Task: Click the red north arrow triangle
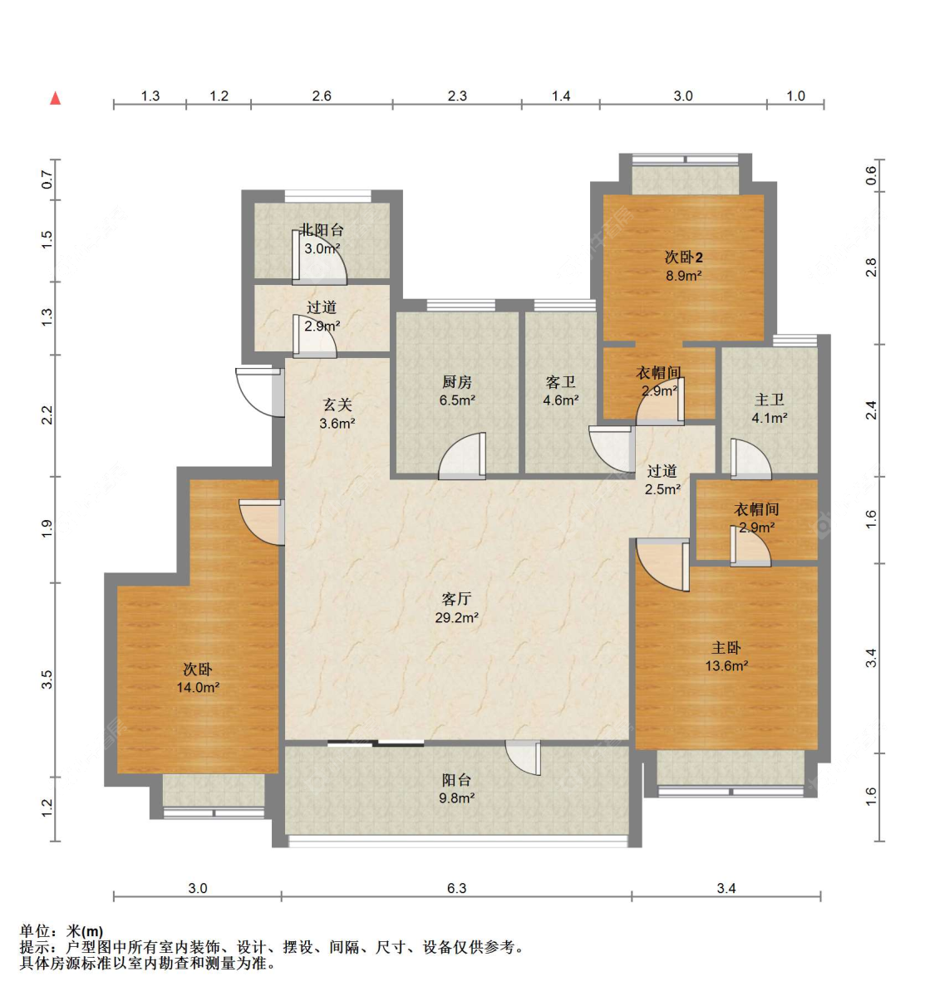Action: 55,98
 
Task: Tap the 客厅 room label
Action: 456,599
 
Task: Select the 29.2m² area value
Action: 456,617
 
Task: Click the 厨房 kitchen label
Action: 456,382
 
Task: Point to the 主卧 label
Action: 726,647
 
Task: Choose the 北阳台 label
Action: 322,230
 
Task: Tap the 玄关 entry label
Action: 337,405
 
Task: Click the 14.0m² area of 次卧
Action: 198,687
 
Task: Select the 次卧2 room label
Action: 683,257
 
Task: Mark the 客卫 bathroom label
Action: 560,382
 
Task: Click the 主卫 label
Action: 769,400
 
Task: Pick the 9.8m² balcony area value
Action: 456,797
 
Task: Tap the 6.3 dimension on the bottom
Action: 456,888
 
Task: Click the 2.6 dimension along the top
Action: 322,96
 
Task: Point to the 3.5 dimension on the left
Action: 47,680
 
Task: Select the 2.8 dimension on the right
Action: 871,267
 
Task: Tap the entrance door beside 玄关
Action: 259,391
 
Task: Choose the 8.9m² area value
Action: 683,276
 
